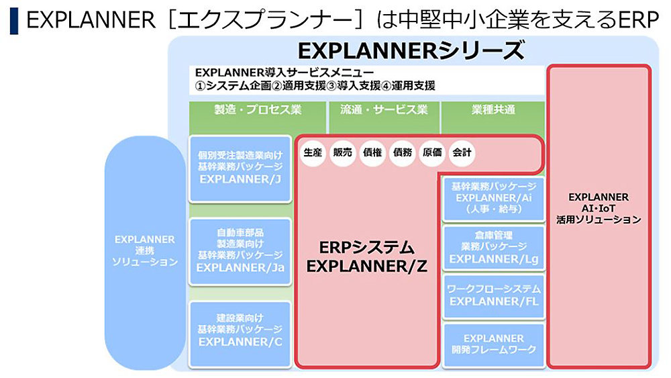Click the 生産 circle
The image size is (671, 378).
(313, 152)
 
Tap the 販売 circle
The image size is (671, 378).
(342, 152)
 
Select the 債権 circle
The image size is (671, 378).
(372, 152)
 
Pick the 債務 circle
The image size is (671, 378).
(402, 152)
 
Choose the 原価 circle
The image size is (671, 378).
(432, 152)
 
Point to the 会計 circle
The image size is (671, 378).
(462, 152)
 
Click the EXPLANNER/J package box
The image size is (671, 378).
(240, 169)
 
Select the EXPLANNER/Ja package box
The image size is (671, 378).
(240, 251)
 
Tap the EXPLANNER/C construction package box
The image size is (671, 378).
(240, 334)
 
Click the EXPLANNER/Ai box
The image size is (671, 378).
(494, 199)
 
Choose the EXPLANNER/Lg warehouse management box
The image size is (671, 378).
(494, 248)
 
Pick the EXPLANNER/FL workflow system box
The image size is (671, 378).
(494, 296)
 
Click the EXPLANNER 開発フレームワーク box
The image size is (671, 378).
(494, 345)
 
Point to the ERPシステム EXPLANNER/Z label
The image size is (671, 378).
(367, 257)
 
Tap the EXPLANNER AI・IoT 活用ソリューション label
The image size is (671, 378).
(599, 209)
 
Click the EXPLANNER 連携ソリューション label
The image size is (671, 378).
(145, 250)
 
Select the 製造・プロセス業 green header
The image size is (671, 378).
(258, 109)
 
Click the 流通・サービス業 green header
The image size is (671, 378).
(384, 109)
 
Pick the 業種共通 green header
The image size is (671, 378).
(493, 109)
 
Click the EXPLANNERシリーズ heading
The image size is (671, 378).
(411, 50)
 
